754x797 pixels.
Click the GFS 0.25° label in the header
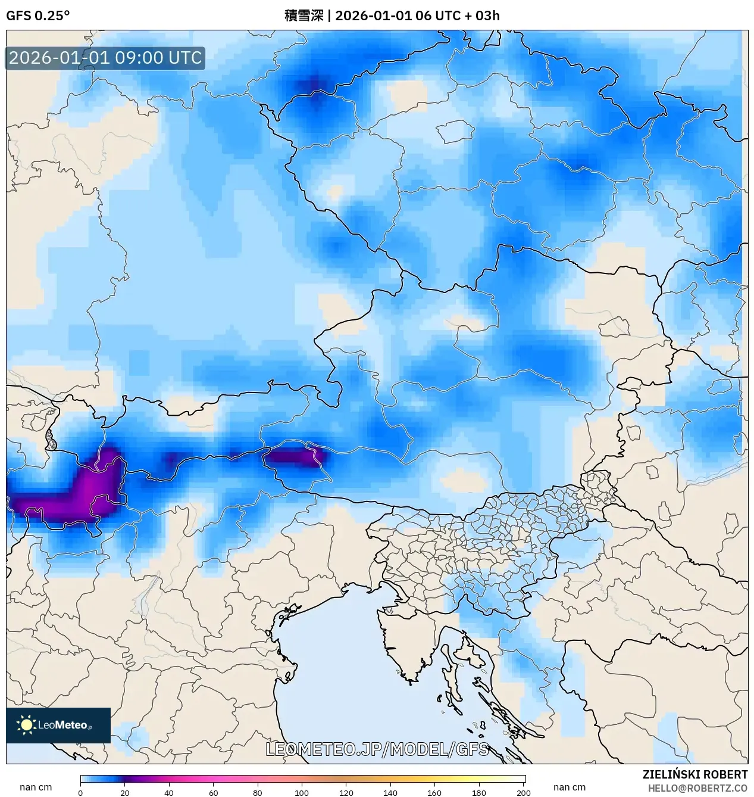coord(37,15)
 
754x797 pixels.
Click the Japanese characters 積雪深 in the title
coord(304,15)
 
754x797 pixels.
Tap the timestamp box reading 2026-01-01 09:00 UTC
coord(105,58)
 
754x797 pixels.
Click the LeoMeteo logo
coord(58,725)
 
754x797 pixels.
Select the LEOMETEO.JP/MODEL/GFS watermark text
coord(377,749)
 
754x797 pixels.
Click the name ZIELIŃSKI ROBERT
coord(694,774)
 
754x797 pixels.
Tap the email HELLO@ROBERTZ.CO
coord(697,788)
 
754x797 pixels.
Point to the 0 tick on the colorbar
coord(80,792)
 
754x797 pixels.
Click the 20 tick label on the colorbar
coord(125,792)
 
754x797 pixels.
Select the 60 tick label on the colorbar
coord(213,792)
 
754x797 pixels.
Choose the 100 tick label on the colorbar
coord(302,792)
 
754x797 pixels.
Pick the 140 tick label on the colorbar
coord(390,792)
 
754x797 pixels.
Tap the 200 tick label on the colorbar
coord(523,792)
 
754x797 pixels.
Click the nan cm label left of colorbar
coord(36,787)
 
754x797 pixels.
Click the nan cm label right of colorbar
coord(570,787)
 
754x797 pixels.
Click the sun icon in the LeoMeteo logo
coord(26,725)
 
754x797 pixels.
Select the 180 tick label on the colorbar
coord(479,792)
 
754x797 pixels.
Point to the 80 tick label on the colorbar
coord(257,792)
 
